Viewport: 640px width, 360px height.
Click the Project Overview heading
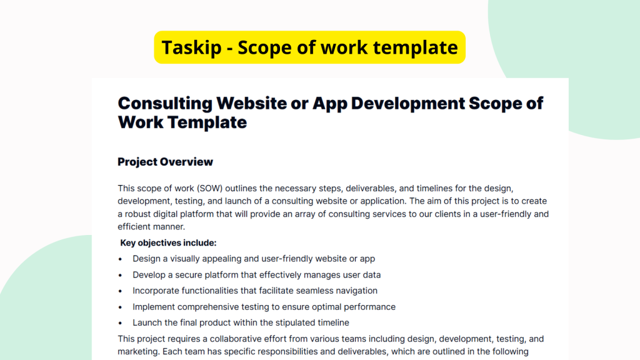(165, 162)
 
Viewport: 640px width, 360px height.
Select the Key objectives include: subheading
(168, 243)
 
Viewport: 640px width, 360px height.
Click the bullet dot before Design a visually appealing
(121, 259)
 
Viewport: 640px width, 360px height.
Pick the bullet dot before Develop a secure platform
(121, 275)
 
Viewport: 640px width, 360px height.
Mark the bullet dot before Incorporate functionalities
(121, 291)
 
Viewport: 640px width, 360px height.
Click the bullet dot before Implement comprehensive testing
(121, 307)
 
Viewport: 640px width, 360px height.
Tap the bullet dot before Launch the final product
(121, 323)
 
